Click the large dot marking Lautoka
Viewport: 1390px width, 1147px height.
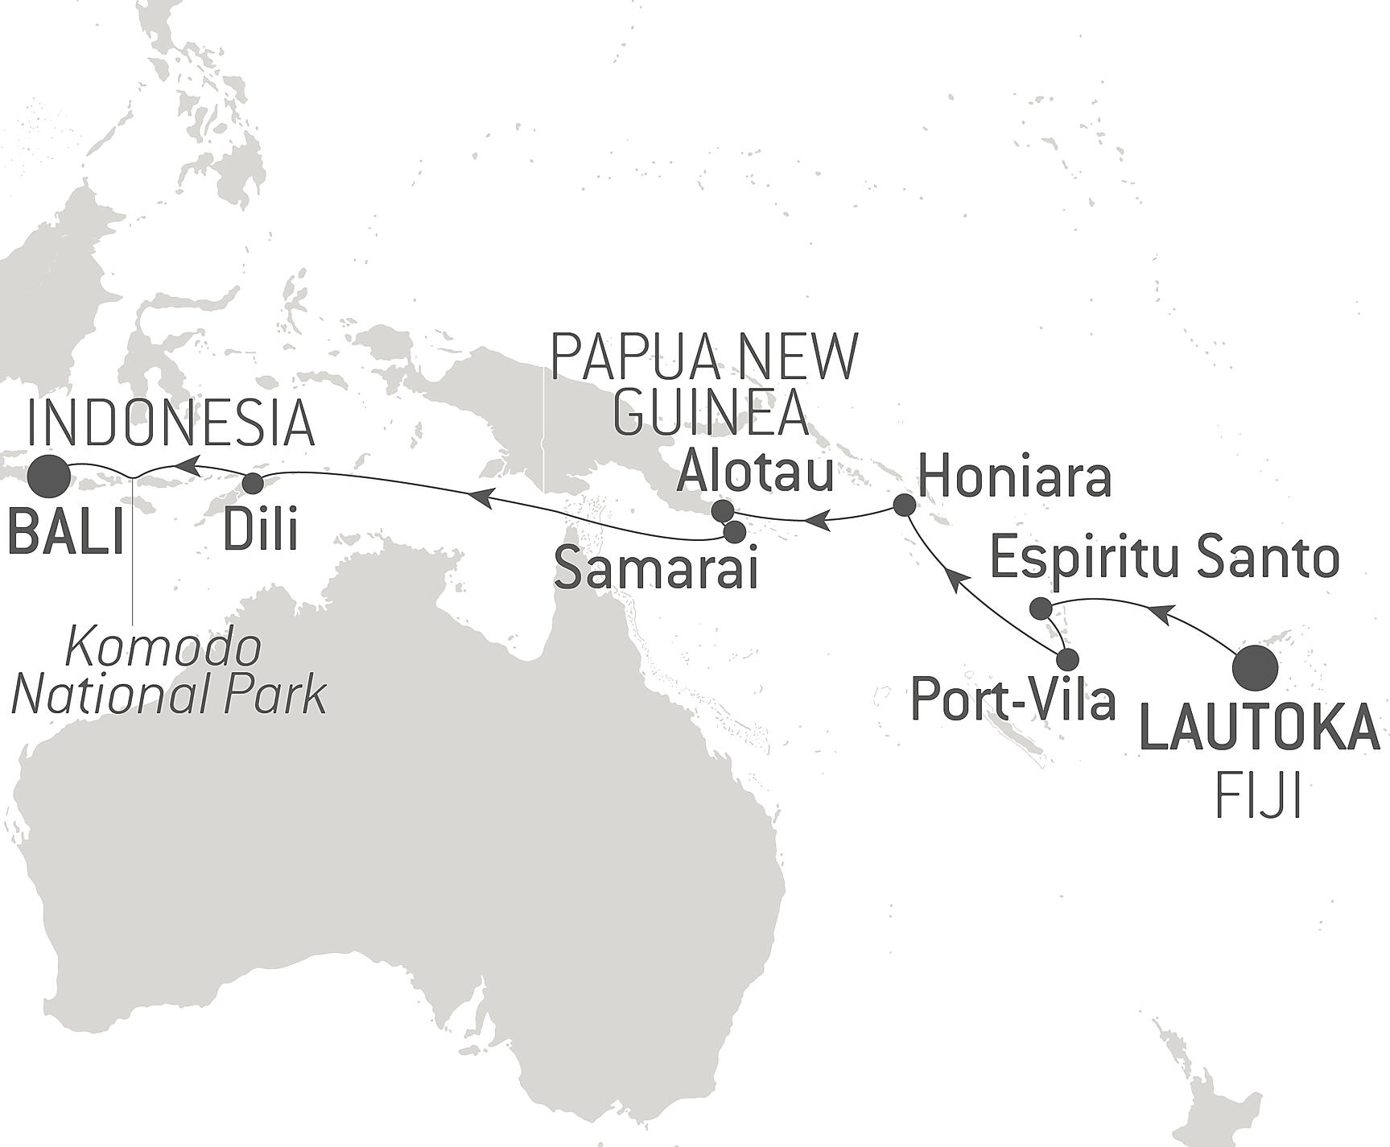tap(1256, 668)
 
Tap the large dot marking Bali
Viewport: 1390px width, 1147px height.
tap(48, 477)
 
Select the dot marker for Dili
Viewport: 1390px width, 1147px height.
tap(253, 483)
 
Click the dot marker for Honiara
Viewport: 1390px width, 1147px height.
tap(905, 505)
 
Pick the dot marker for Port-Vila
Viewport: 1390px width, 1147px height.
tap(1067, 660)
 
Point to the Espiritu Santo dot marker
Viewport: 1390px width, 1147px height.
tap(1041, 608)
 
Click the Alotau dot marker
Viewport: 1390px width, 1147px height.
tap(723, 510)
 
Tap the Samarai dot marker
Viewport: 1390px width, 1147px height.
tap(734, 532)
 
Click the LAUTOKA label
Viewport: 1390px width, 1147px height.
tap(1260, 728)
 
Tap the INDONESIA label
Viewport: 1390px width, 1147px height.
tap(171, 423)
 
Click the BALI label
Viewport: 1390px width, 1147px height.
tap(67, 532)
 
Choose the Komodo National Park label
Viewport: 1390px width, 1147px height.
tap(170, 672)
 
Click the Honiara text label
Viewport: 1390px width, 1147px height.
tap(1015, 477)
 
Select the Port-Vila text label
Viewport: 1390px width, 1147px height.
tap(1013, 699)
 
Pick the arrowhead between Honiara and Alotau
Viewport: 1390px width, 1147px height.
tap(817, 521)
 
